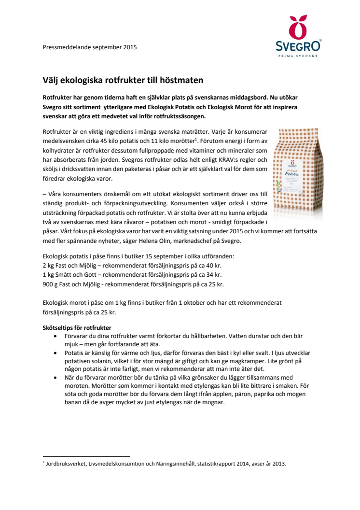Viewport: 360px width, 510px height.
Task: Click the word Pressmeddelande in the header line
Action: click(66, 47)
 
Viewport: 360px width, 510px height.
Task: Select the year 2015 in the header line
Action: click(130, 47)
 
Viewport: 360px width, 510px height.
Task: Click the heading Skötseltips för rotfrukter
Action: click(77, 328)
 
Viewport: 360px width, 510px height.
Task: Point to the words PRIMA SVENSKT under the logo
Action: click(298, 56)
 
